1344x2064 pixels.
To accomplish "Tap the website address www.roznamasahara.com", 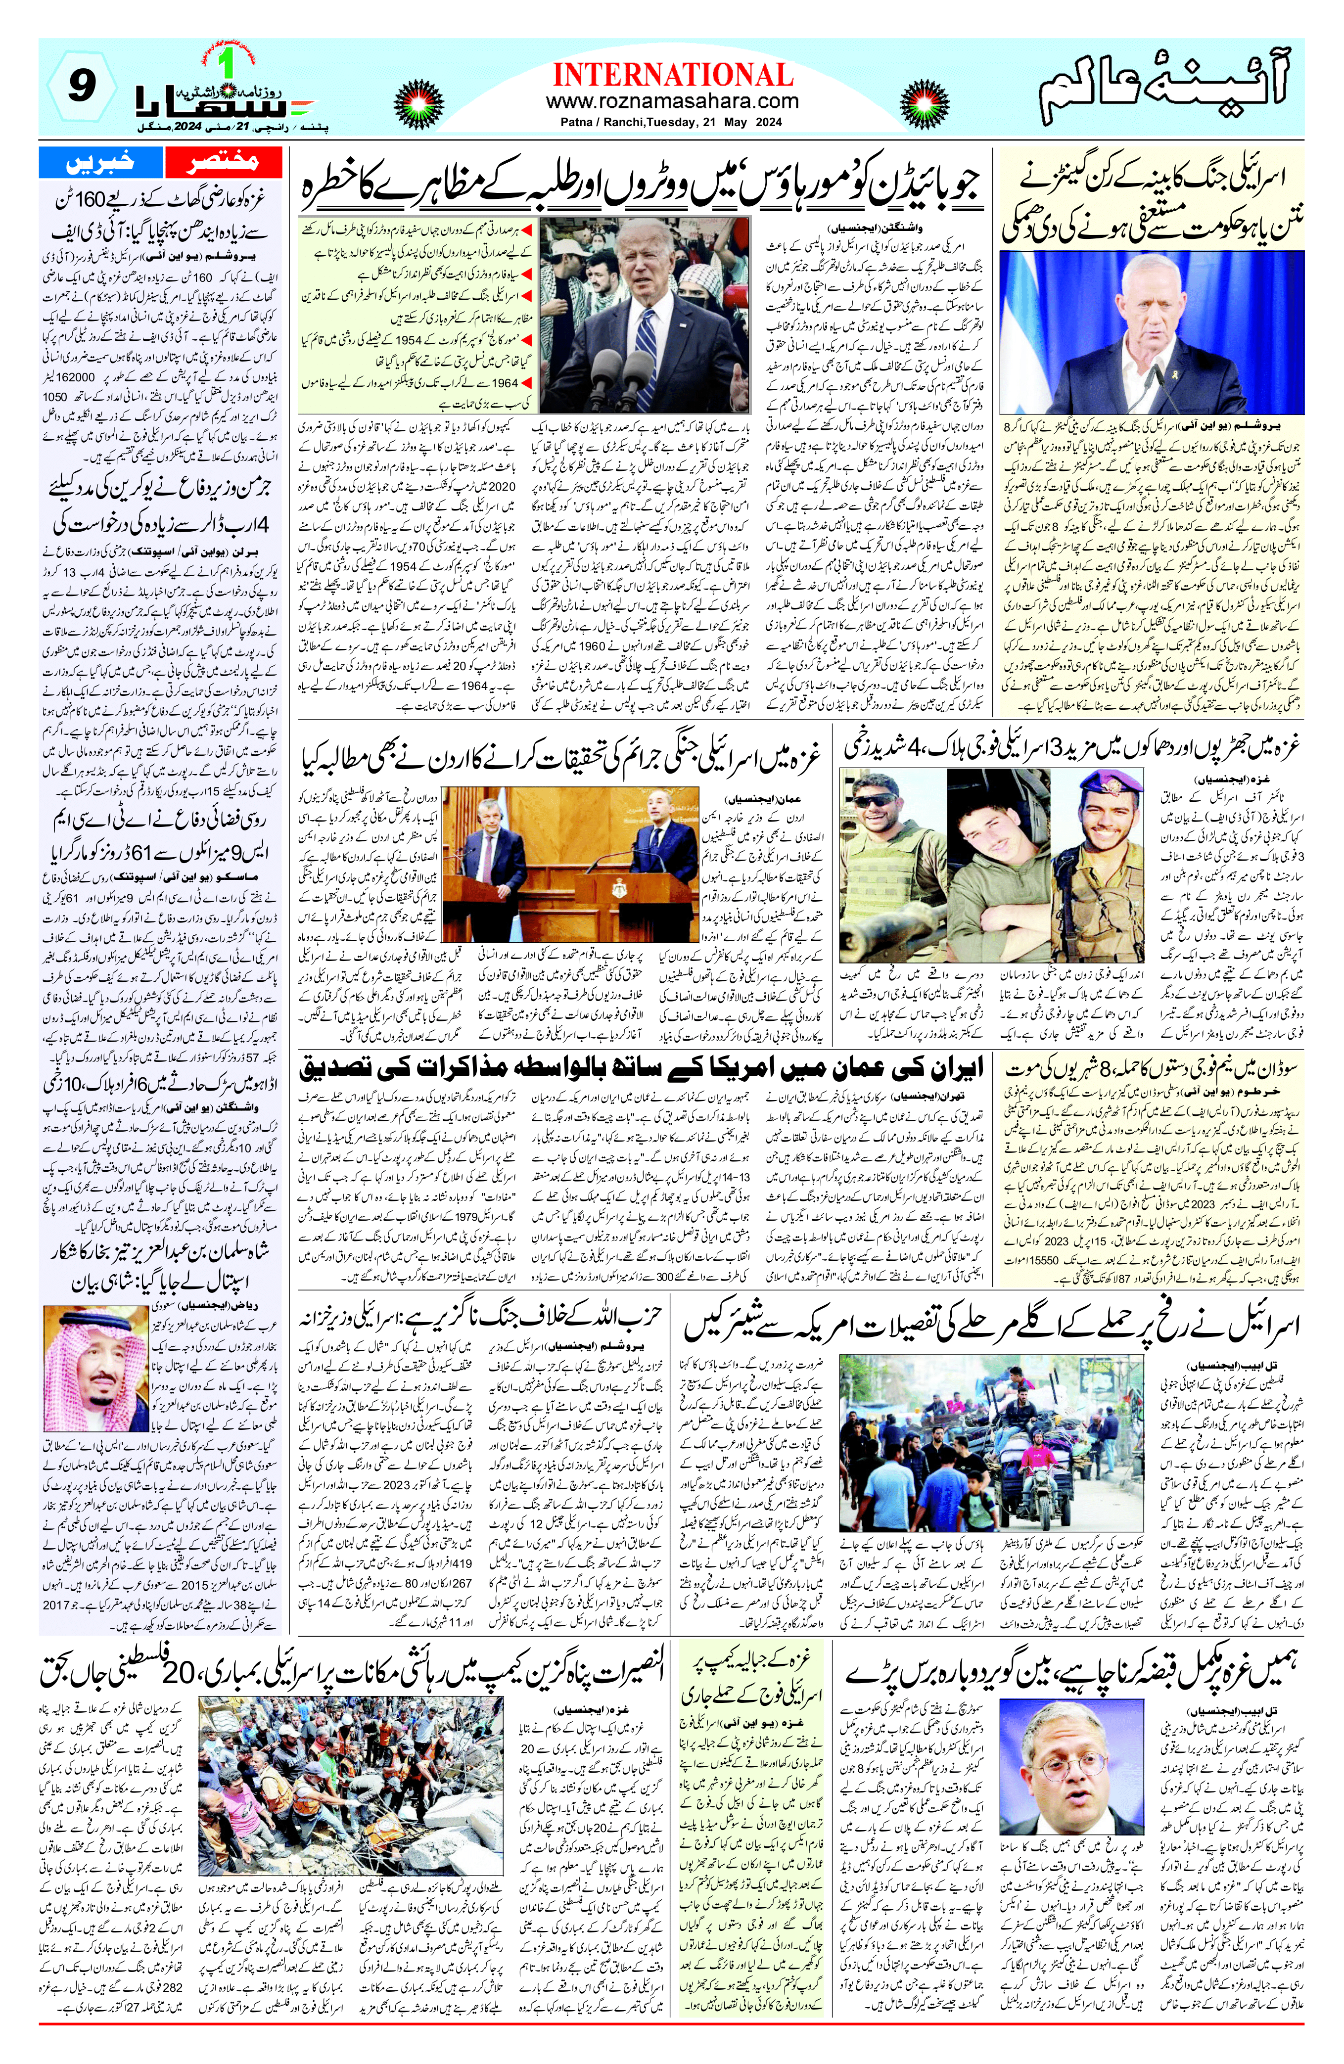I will (x=672, y=101).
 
